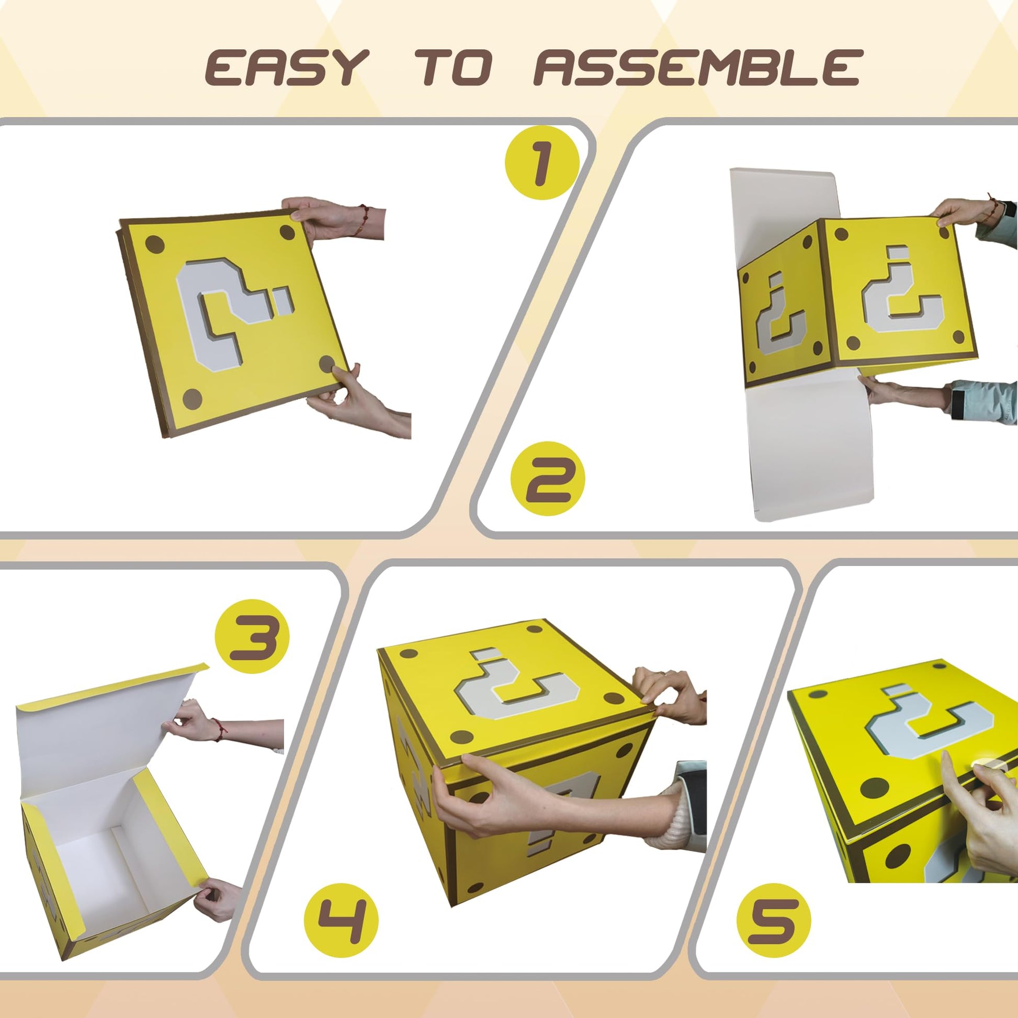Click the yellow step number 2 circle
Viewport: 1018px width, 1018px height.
(548, 479)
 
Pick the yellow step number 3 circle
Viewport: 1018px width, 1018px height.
(252, 636)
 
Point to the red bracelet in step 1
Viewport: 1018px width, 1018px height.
(363, 219)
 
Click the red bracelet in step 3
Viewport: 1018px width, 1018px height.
(219, 727)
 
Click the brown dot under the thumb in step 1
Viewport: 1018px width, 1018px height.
(327, 364)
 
